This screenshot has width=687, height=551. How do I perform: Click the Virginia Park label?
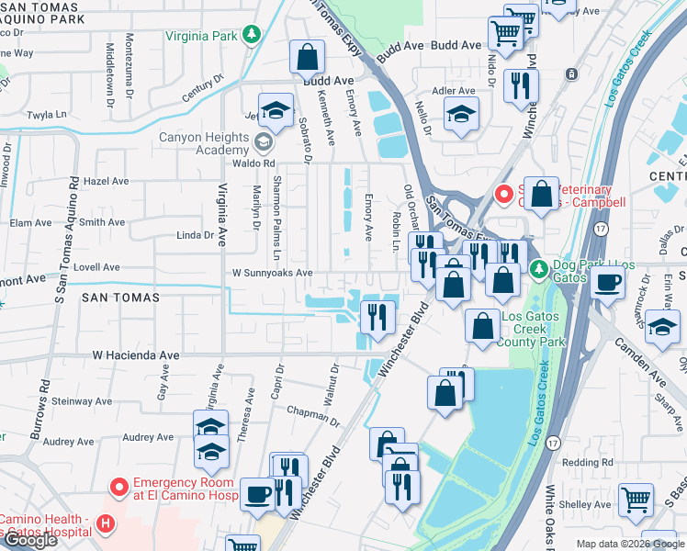pyautogui.click(x=201, y=37)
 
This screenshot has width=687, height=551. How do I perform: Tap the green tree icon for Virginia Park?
pyautogui.click(x=251, y=36)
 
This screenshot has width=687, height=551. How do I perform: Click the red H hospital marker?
pyautogui.click(x=107, y=524)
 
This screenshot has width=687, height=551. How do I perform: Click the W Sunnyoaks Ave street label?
pyautogui.click(x=272, y=273)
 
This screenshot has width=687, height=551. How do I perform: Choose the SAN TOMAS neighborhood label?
pyautogui.click(x=120, y=298)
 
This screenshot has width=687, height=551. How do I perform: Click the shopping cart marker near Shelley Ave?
pyautogui.click(x=636, y=500)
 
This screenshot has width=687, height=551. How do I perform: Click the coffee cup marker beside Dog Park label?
pyautogui.click(x=607, y=282)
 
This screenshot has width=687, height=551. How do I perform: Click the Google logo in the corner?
pyautogui.click(x=30, y=540)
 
